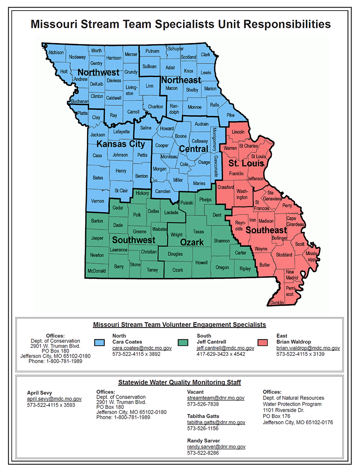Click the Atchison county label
(x=56, y=52)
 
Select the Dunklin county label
(x=277, y=303)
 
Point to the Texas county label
(x=198, y=231)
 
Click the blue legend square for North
(x=100, y=342)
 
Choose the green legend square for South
(x=183, y=342)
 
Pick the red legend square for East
(x=263, y=342)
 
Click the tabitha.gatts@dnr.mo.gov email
(x=216, y=422)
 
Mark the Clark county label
(x=205, y=55)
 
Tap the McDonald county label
(x=97, y=270)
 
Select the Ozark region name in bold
(x=192, y=242)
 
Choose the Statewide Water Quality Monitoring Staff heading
(x=180, y=382)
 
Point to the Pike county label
(x=230, y=115)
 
